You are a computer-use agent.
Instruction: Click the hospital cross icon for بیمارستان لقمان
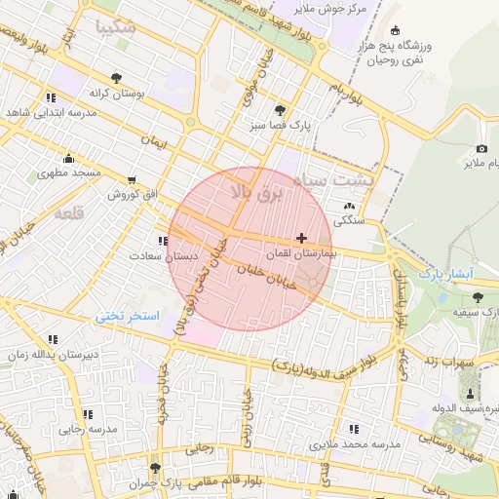pyautogui.click(x=301, y=238)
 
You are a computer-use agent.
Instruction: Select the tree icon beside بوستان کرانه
pyautogui.click(x=117, y=77)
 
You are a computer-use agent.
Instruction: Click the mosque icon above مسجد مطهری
pyautogui.click(x=68, y=159)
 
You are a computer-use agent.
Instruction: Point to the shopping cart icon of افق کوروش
pyautogui.click(x=132, y=180)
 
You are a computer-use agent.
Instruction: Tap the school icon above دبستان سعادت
pyautogui.click(x=162, y=241)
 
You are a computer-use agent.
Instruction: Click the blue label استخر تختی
pyautogui.click(x=127, y=317)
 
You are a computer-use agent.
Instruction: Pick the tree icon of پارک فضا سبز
pyautogui.click(x=281, y=110)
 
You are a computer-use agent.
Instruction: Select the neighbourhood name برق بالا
pyautogui.click(x=254, y=189)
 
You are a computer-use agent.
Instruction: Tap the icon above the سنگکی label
pyautogui.click(x=349, y=206)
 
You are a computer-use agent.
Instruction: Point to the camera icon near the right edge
pyautogui.click(x=481, y=148)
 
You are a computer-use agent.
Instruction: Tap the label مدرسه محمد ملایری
pyautogui.click(x=356, y=444)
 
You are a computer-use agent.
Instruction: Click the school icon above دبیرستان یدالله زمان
pyautogui.click(x=52, y=340)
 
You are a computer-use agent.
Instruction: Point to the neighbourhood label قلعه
pyautogui.click(x=68, y=212)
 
